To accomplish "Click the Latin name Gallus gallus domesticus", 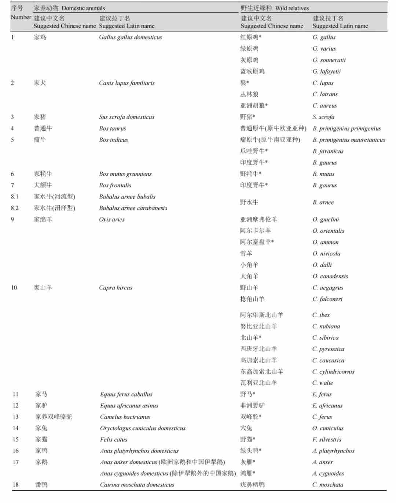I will point(130,37).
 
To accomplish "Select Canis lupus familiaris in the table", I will point(126,83).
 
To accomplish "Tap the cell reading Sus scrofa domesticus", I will point(126,117).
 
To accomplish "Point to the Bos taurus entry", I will point(112,128).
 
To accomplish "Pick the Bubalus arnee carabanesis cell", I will point(133,208).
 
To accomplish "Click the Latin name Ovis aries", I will point(111,220).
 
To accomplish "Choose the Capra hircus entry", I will point(115,288).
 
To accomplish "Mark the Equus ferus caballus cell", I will point(126,394).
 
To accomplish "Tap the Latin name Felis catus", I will point(114,439).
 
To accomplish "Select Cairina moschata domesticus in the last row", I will point(137,485).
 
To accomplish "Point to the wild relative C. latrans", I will point(325,94).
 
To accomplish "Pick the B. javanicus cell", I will point(328,151).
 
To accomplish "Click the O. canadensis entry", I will point(330,276).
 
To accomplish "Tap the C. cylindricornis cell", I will point(333,372).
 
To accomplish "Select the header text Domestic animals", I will point(83,8).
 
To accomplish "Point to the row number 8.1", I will point(15,197).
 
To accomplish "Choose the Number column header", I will point(21,17).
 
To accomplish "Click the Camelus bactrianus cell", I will point(125,417).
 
